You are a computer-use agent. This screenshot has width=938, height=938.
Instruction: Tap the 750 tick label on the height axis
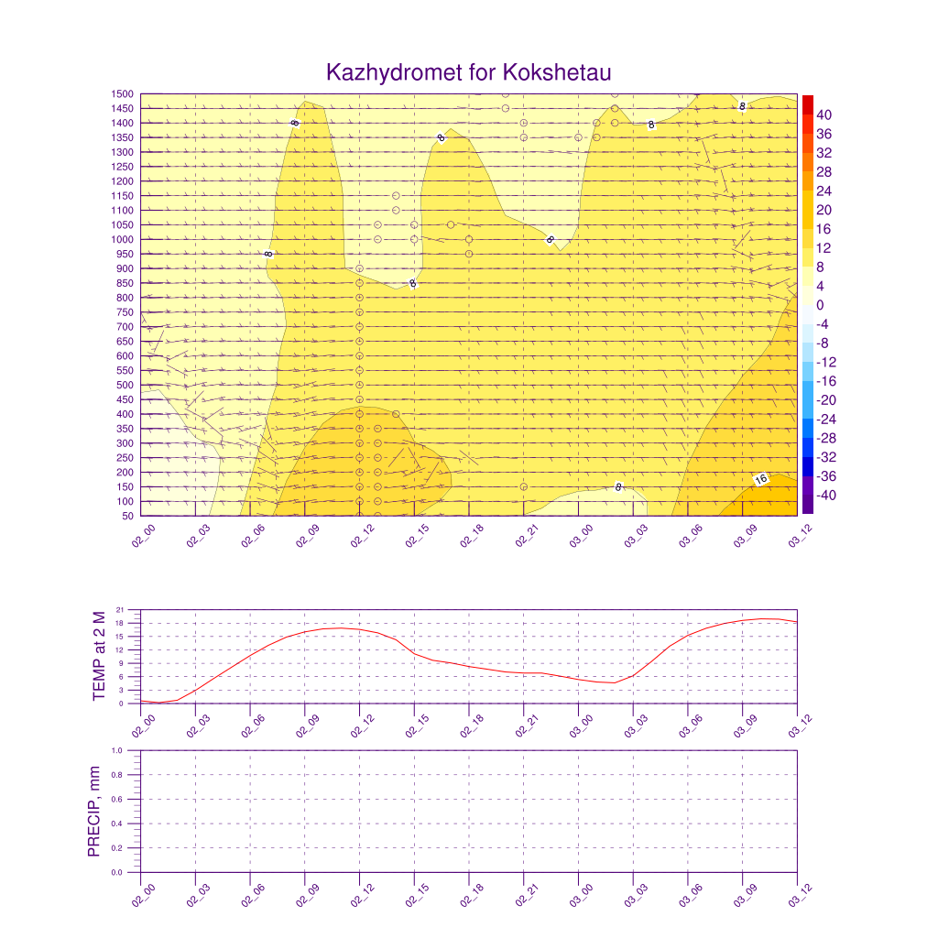tap(125, 312)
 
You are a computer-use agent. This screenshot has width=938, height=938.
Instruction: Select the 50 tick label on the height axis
tap(129, 516)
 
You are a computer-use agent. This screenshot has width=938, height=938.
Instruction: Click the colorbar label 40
tap(823, 115)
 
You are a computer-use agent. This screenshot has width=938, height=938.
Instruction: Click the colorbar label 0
tap(819, 305)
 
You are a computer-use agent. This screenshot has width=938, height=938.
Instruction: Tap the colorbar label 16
tap(823, 229)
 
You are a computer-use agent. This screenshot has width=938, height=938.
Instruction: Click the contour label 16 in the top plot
tap(760, 480)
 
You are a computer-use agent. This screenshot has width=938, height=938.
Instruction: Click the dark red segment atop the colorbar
tap(807, 104)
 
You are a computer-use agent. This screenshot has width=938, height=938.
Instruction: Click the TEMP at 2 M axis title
tap(101, 657)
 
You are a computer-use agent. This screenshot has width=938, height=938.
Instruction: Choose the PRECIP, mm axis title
tap(93, 812)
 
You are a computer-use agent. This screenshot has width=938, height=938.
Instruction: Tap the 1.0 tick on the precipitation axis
tap(118, 750)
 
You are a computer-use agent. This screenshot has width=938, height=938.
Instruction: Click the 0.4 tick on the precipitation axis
tap(118, 823)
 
